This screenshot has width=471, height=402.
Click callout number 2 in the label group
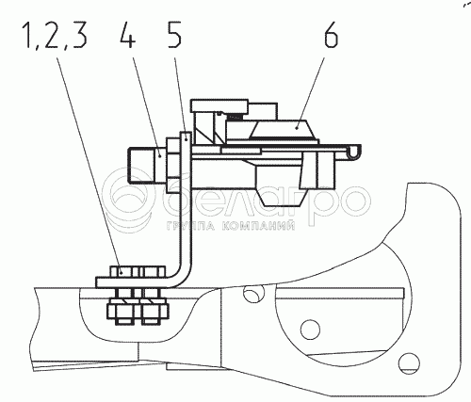tap(53, 35)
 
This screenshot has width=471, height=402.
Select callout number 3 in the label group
tap(78, 35)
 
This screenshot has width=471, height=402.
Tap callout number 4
tap(128, 35)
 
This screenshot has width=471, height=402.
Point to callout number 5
tap(174, 35)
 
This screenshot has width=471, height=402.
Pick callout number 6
tap(332, 35)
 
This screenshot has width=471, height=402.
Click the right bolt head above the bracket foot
tap(154, 271)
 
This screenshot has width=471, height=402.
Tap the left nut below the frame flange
tap(122, 311)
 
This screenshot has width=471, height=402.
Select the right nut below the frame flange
tap(154, 311)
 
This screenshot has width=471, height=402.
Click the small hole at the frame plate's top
tap(254, 294)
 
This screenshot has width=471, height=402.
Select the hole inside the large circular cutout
tap(310, 330)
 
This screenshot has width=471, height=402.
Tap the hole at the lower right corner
tap(409, 363)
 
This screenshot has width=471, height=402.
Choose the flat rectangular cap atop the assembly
tap(219, 105)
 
